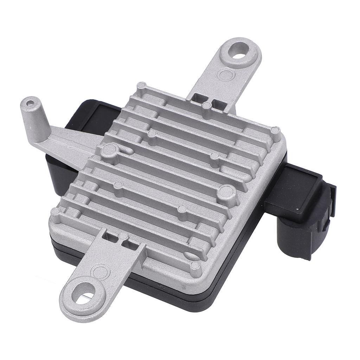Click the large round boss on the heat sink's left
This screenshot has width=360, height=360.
(109, 150)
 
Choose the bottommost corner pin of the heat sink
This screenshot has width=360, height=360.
(195, 267)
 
